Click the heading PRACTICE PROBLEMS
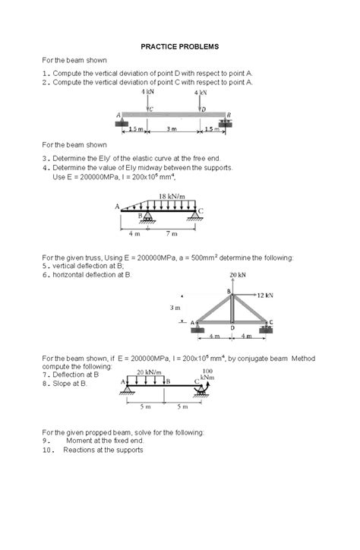(179, 46)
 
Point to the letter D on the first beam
(203, 109)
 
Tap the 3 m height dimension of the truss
(175, 308)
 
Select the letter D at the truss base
(231, 328)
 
